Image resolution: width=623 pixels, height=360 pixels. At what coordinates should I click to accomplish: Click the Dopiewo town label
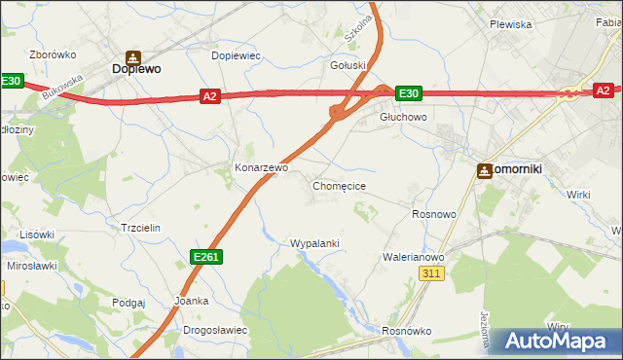click(136, 70)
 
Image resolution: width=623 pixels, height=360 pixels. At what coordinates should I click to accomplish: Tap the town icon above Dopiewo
click(134, 55)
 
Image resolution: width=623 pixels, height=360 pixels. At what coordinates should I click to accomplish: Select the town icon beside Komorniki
click(484, 170)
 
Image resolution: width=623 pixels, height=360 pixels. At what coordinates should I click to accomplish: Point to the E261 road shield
click(205, 256)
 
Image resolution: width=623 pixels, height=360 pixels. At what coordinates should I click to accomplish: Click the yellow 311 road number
click(433, 275)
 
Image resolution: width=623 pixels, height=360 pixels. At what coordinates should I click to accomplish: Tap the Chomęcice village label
click(339, 185)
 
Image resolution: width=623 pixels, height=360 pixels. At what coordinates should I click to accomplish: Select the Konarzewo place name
click(262, 167)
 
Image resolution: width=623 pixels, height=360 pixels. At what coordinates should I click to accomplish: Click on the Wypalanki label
click(314, 243)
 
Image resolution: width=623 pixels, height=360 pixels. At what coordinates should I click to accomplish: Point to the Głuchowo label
click(402, 117)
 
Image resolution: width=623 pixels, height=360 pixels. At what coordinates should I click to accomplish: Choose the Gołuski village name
click(348, 66)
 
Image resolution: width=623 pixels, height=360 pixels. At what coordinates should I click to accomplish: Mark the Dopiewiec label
click(237, 55)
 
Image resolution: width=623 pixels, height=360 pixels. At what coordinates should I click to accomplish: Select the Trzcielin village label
click(139, 227)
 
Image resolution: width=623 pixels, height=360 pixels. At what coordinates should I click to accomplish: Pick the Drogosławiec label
click(215, 330)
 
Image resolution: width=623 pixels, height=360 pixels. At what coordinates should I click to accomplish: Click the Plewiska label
click(510, 24)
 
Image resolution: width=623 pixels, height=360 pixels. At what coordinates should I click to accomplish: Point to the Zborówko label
click(53, 54)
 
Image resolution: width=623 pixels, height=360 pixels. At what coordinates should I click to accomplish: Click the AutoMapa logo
click(555, 342)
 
